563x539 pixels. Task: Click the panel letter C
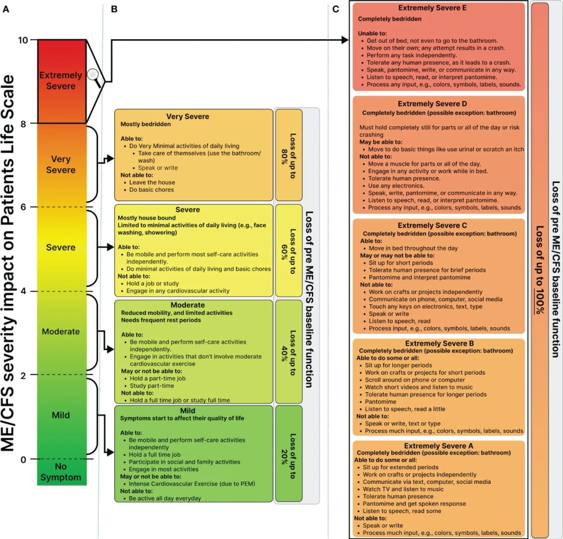tap(335, 9)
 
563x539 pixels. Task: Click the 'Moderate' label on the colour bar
tap(61, 331)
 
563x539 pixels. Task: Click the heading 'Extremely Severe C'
tap(439, 225)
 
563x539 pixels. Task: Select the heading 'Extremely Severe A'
tap(439, 446)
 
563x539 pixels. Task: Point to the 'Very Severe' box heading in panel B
tap(188, 116)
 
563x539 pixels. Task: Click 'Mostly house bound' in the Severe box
tap(146, 218)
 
